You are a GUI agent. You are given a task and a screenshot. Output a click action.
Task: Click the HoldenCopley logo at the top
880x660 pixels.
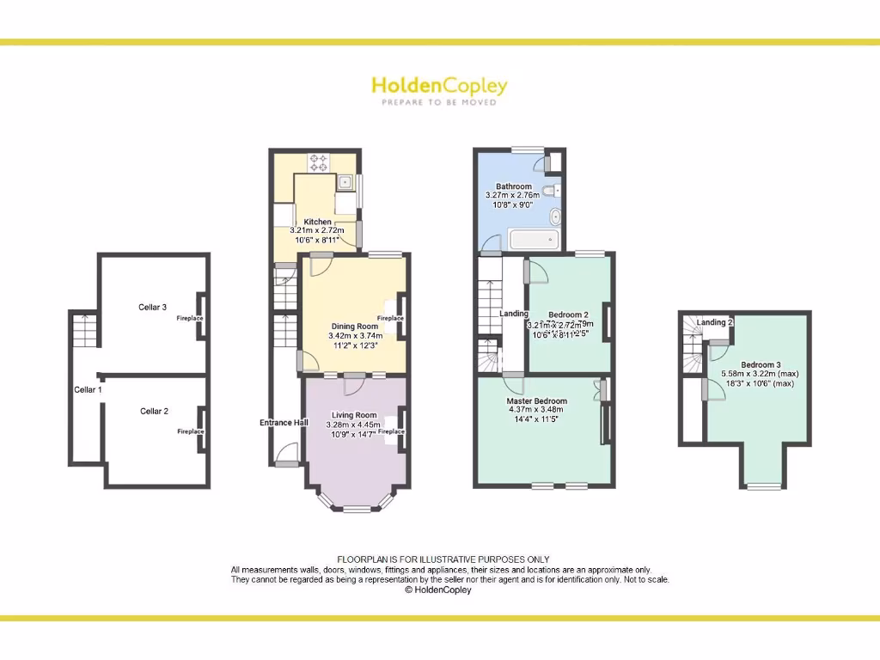click(x=439, y=86)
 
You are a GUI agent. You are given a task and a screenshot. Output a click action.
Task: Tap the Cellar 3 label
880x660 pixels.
click(x=152, y=307)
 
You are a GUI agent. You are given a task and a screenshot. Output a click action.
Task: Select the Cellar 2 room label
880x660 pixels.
click(x=154, y=411)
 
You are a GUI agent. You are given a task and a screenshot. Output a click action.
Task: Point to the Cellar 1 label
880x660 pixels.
click(x=88, y=390)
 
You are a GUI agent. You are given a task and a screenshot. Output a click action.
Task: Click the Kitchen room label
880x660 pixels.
click(x=317, y=222)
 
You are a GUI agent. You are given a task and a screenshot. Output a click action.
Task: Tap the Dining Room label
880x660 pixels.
click(x=354, y=327)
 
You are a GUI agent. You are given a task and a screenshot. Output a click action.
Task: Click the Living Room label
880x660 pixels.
click(x=354, y=415)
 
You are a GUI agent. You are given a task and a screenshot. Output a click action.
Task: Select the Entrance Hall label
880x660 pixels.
click(x=284, y=423)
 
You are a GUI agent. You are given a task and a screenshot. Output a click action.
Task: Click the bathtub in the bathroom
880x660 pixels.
click(x=534, y=239)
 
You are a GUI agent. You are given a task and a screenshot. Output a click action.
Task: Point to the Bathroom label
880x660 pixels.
click(x=513, y=186)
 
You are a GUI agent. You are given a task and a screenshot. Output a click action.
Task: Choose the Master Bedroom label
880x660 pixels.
click(x=537, y=401)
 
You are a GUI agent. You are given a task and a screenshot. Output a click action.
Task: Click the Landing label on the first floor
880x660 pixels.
click(x=514, y=314)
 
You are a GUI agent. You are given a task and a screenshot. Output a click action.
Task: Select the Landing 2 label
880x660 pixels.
click(x=714, y=322)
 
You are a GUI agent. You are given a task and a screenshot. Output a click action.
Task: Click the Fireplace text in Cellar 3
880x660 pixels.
click(x=190, y=319)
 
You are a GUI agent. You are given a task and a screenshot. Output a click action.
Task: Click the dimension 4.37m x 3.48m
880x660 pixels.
click(x=535, y=410)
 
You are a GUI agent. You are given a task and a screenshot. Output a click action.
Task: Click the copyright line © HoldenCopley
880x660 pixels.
click(x=438, y=590)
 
